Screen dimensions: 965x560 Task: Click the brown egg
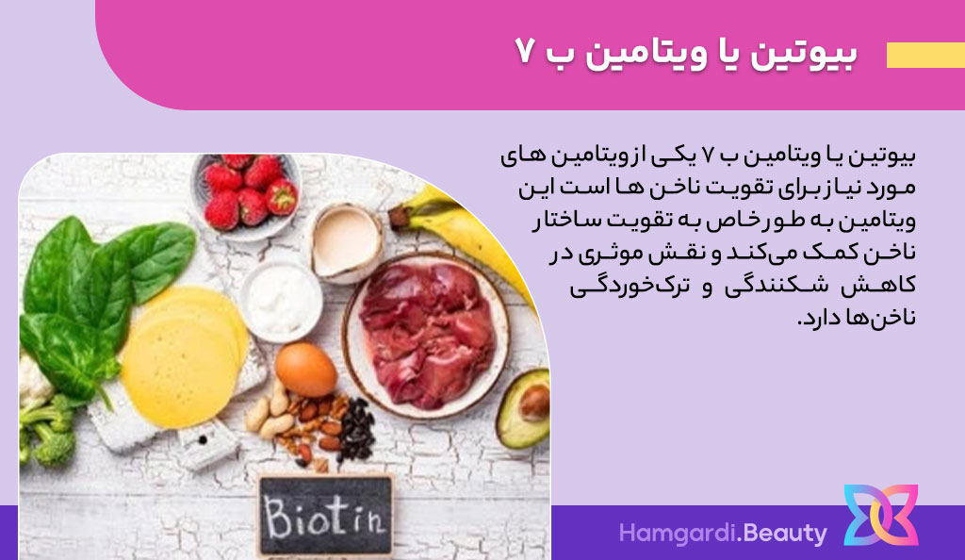pos(306,370)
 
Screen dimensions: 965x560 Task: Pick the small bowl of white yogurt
pos(281,302)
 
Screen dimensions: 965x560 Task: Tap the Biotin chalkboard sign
pos(325,515)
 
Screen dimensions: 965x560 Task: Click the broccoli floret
pos(48,430)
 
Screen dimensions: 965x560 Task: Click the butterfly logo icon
pos(881,515)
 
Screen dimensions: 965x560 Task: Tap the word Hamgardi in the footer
pos(677,534)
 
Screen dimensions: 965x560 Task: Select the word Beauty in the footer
pos(784,534)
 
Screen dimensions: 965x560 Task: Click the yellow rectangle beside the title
pos(925,55)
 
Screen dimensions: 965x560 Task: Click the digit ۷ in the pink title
pos(524,52)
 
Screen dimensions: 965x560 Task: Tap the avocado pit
pos(533,404)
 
